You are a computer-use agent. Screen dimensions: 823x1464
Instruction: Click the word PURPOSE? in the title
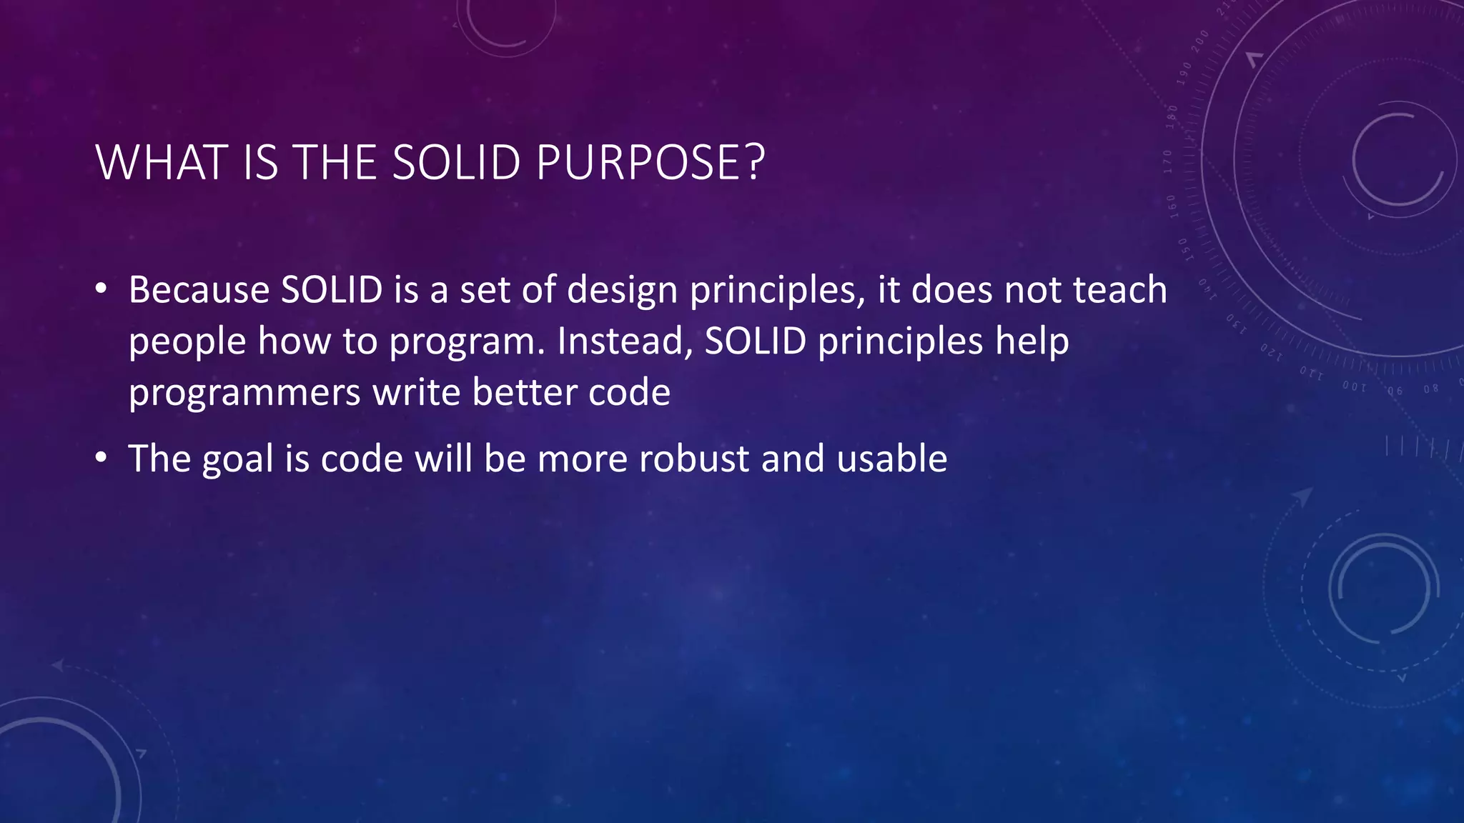[x=650, y=163]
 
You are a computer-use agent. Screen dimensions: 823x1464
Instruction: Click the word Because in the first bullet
[x=199, y=290]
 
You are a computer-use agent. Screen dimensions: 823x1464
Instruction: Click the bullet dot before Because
[x=102, y=289]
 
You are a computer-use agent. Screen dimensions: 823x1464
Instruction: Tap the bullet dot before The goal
[x=102, y=458]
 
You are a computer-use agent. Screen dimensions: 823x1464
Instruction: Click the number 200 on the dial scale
[x=1200, y=41]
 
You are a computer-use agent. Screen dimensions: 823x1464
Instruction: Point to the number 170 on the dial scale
[x=1168, y=162]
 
